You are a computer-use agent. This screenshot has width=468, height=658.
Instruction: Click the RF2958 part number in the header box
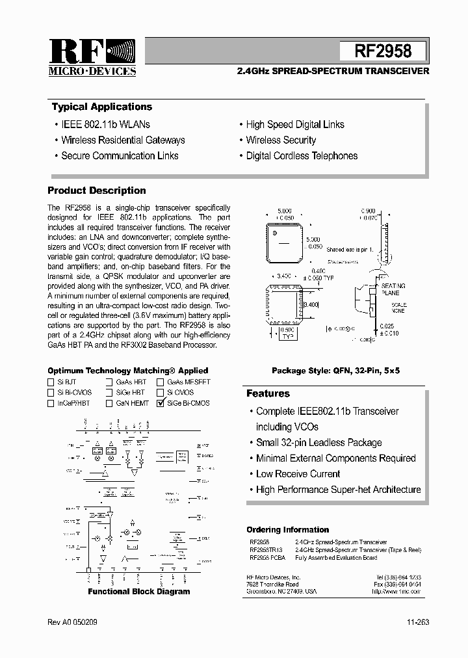point(383,51)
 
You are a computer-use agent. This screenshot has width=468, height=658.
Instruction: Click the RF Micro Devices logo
point(92,58)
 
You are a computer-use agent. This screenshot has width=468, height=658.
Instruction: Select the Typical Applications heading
point(102,107)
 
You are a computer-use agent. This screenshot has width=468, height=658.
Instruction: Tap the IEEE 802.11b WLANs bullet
point(105,124)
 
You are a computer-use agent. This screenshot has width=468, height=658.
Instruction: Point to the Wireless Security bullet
point(281,140)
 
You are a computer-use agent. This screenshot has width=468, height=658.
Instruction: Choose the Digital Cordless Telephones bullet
point(302,155)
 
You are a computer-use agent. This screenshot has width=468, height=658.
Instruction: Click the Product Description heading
point(97,191)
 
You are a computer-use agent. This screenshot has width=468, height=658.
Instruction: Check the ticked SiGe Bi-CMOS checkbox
point(161,403)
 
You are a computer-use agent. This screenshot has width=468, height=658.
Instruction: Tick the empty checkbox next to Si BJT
point(51,382)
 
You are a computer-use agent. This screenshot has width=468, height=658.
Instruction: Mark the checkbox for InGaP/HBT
point(51,403)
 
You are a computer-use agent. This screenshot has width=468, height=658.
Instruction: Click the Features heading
point(268,393)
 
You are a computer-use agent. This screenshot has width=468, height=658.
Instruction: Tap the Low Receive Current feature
point(298,474)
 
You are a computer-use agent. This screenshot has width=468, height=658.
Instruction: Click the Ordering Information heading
point(287,530)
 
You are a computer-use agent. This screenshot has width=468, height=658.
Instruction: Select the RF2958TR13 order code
point(266,549)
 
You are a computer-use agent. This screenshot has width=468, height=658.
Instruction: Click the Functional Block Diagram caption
point(139,592)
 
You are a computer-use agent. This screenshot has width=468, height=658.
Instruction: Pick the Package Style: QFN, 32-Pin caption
point(335,370)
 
